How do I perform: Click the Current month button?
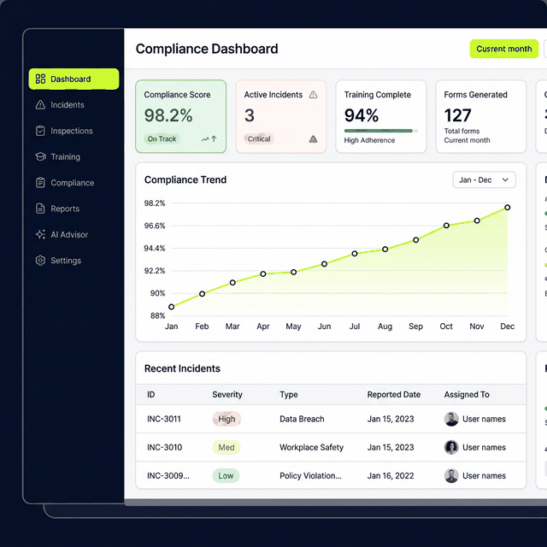pos(503,49)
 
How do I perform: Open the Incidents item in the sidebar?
pos(67,105)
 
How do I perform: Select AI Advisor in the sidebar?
pos(68,234)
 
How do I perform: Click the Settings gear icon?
pos(40,261)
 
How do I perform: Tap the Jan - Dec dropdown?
pos(484,180)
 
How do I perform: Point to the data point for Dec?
pos(508,207)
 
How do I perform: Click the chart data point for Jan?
pos(172,307)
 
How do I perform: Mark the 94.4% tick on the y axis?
pos(155,249)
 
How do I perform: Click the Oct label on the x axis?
pos(446,326)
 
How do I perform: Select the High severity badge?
pos(226,420)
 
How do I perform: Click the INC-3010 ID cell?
pos(164,448)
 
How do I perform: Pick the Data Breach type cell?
pos(302,420)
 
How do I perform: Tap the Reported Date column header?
pos(393,395)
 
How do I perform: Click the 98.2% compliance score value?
pos(168,115)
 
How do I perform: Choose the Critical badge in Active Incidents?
pos(259,138)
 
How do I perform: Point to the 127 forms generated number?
pos(457,115)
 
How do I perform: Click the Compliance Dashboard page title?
pos(207,49)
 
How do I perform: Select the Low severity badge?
pos(226,476)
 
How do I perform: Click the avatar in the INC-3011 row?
pos(451,420)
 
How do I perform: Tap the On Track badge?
pos(162,138)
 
